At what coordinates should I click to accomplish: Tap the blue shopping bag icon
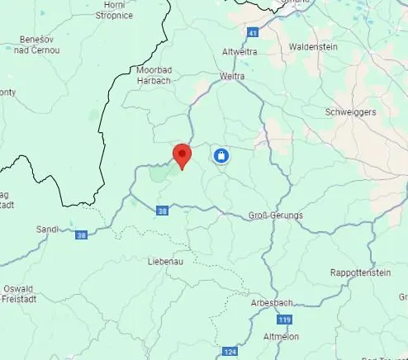[x=221, y=155]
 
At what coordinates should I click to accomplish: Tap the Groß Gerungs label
[x=275, y=216]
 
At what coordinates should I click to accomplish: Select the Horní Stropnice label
[x=114, y=10]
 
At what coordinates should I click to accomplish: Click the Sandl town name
[x=47, y=229]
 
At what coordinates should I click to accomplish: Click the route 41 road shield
[x=252, y=32]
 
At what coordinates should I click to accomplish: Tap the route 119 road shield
[x=284, y=319]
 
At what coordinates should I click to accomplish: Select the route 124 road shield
[x=230, y=352]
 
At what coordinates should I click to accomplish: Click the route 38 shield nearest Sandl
[x=81, y=235]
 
